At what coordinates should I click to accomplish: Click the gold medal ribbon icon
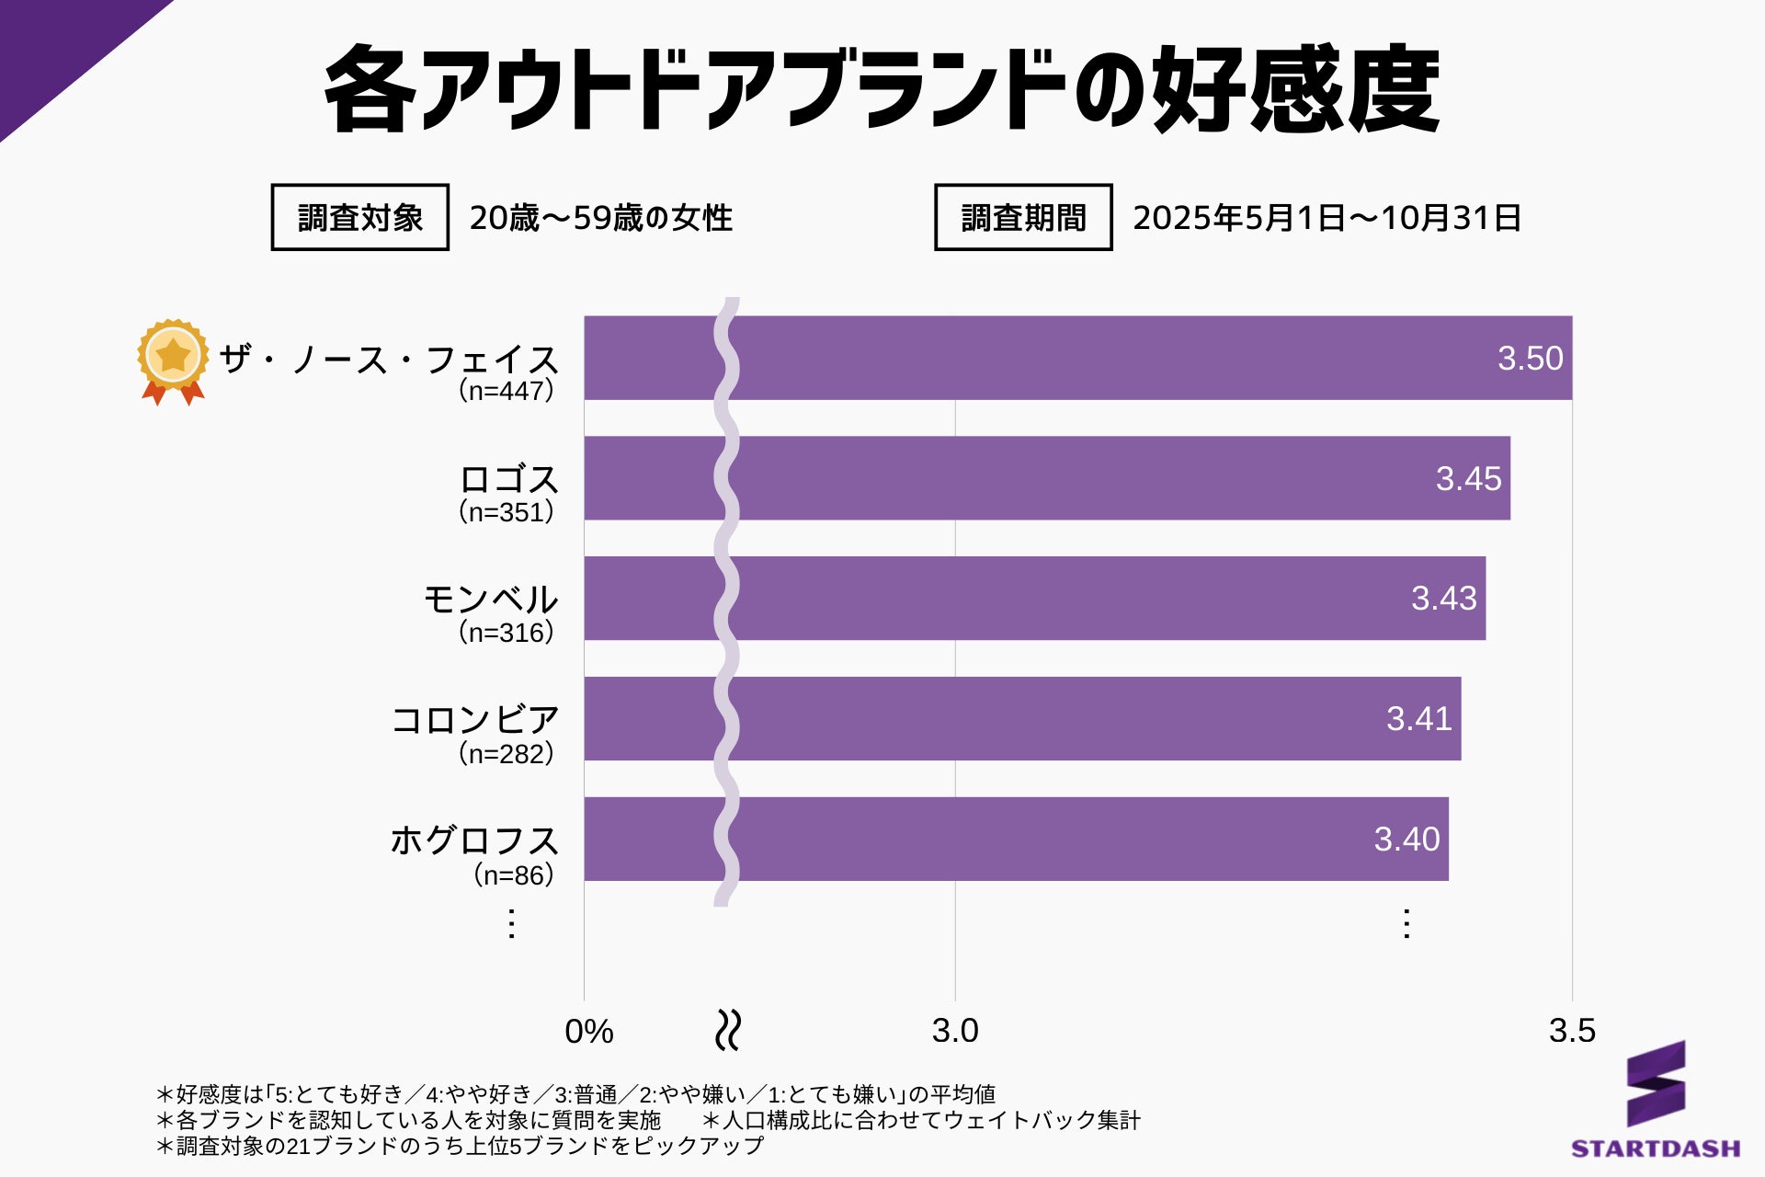click(172, 360)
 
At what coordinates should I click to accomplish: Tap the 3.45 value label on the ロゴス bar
click(1468, 478)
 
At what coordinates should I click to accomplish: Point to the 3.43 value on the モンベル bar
click(1443, 599)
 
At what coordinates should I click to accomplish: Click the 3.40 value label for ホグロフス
click(1406, 839)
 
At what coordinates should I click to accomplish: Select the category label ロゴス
click(508, 479)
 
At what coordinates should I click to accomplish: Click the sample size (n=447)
click(507, 391)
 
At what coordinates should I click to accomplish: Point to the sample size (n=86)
click(514, 874)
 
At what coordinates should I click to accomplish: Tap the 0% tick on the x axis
click(588, 1032)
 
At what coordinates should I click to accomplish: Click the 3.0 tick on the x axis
click(955, 1031)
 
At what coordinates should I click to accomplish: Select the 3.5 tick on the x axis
click(1572, 1031)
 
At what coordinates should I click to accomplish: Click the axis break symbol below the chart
click(728, 1031)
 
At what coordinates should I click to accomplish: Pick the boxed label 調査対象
click(359, 218)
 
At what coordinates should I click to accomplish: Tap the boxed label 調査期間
click(1023, 218)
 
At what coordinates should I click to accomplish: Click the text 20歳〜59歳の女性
click(600, 218)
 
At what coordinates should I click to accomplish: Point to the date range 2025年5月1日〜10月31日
click(1327, 218)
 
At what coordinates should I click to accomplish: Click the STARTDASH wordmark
click(1656, 1148)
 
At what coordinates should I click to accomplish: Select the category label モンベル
click(491, 600)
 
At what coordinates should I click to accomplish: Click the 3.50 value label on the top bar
click(1530, 358)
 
